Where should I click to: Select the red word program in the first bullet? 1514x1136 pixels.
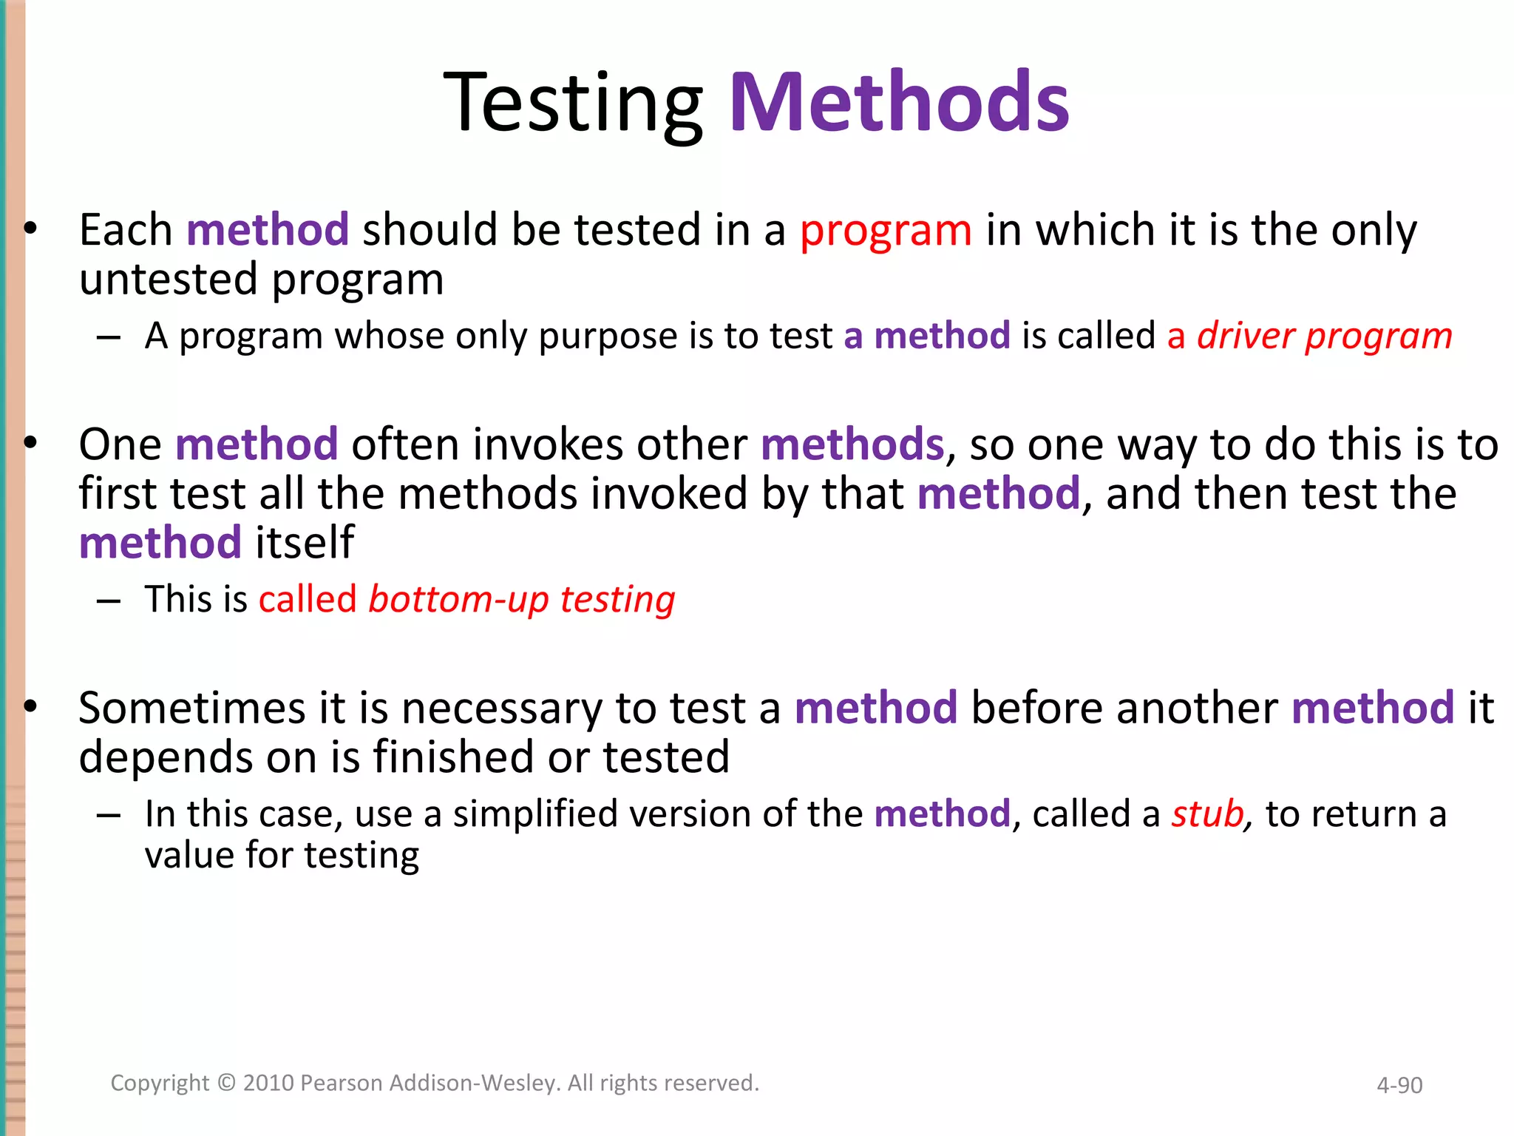point(886,231)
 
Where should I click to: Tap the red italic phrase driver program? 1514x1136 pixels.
point(1325,337)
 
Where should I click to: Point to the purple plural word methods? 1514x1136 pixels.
point(852,445)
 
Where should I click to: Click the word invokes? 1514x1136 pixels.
point(549,445)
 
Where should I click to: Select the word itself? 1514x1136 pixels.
point(305,543)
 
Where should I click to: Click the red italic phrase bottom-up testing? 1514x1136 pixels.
point(522,600)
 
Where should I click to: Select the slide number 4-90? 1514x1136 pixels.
point(1399,1085)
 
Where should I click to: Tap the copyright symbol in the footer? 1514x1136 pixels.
point(226,1083)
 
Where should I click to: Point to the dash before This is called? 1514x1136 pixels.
point(109,601)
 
